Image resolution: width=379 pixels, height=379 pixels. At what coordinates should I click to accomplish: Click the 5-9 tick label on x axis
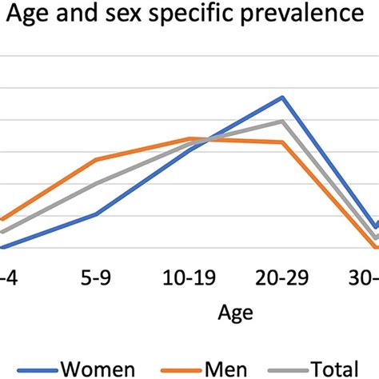(x=96, y=278)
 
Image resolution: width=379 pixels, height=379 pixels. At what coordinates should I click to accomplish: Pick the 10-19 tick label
(x=189, y=278)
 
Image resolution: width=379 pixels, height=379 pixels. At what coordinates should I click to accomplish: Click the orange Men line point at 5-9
(x=96, y=159)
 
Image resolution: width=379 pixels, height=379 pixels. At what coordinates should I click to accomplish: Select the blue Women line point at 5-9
(x=96, y=214)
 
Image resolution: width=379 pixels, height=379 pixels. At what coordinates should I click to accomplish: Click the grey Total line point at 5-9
(x=96, y=183)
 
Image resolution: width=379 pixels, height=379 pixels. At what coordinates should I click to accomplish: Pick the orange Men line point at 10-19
(x=189, y=138)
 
